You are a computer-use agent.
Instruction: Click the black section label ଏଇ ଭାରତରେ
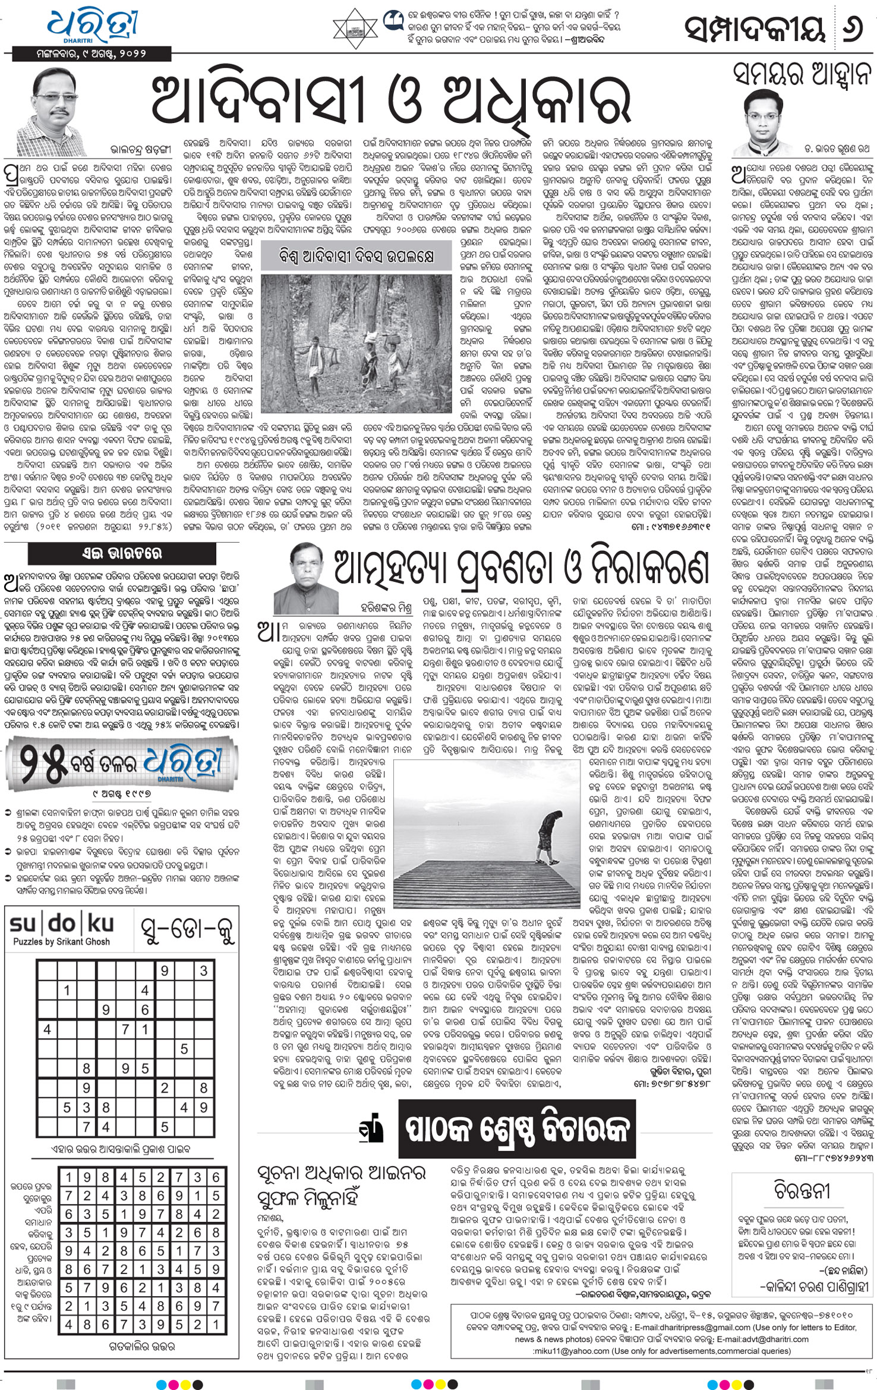pyautogui.click(x=122, y=554)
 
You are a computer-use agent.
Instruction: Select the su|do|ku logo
pyautogui.click(x=61, y=923)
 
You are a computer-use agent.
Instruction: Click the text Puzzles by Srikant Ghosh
pyautogui.click(x=61, y=942)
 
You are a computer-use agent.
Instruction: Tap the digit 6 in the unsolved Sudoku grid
pyautogui.click(x=145, y=1010)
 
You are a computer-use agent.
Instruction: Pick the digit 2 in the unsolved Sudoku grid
pyautogui.click(x=165, y=1088)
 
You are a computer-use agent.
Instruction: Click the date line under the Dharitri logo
pyautogui.click(x=92, y=53)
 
